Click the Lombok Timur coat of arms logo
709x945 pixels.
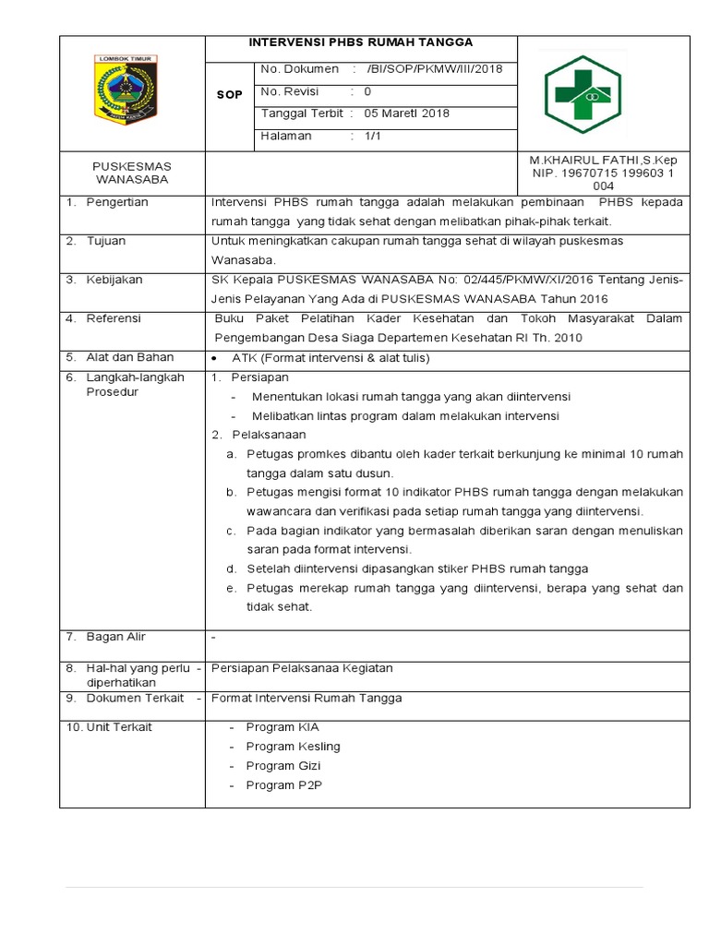coord(126,90)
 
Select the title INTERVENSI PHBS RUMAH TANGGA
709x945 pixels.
coord(361,42)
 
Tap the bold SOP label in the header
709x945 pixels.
coord(229,95)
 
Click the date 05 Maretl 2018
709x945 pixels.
coord(407,114)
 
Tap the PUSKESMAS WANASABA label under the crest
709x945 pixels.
coord(132,173)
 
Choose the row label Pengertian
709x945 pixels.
coord(117,202)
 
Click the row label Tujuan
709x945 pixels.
coord(106,241)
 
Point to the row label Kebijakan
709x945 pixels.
coord(114,280)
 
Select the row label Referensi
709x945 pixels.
coord(114,318)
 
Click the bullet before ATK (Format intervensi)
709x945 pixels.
coord(214,358)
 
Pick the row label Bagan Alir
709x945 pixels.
coord(116,637)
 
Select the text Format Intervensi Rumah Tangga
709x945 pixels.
coord(306,699)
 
